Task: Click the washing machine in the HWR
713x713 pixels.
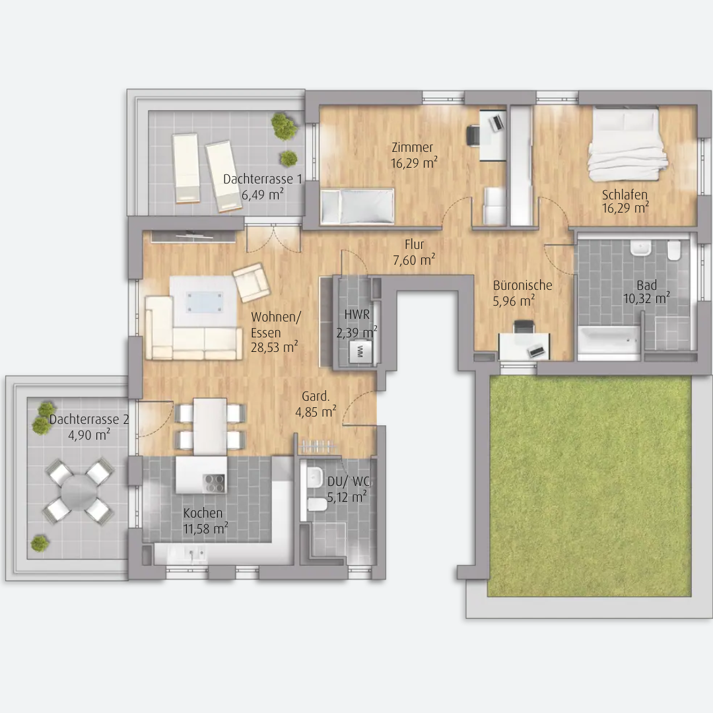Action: point(360,351)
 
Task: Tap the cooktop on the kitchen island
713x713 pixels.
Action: point(214,483)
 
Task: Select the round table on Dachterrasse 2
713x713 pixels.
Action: point(77,491)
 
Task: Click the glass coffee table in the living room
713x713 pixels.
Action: point(205,302)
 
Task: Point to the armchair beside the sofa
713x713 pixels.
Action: point(252,283)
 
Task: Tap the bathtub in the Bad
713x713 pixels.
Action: point(609,339)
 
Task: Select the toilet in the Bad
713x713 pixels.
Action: point(674,250)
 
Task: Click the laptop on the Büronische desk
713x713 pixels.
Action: point(535,351)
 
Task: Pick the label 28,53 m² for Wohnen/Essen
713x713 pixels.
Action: point(274,347)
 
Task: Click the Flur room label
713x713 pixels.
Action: point(414,244)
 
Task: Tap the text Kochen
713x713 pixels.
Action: point(203,513)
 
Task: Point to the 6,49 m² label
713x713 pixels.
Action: point(262,195)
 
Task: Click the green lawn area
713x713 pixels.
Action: point(590,486)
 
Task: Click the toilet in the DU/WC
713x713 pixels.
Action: point(316,504)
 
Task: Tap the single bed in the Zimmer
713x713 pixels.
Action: point(357,207)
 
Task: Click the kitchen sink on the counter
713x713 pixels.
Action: point(195,553)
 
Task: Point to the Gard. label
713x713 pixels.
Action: point(315,396)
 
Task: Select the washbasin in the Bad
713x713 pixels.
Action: point(640,248)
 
